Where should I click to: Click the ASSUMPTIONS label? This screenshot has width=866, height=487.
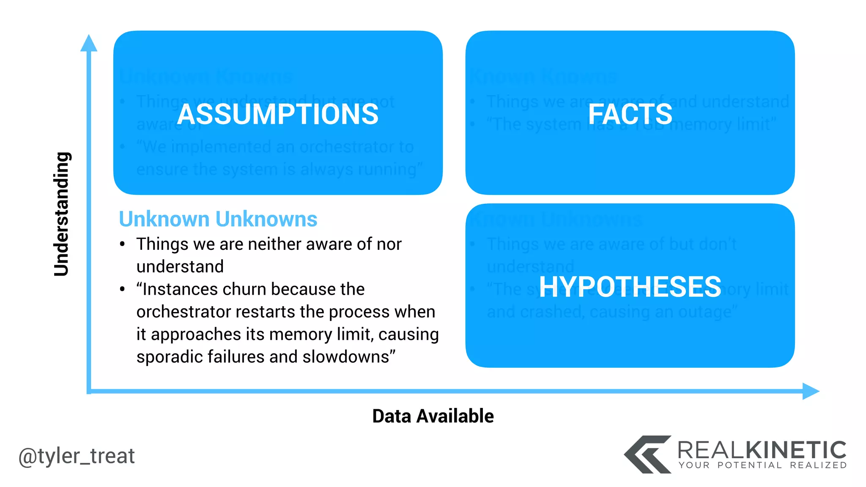coord(278,114)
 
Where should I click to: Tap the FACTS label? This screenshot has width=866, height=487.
coord(630,114)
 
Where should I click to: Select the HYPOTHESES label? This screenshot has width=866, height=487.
coord(630,287)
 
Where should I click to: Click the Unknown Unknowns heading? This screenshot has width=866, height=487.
coord(218,219)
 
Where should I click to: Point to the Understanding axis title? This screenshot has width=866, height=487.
coord(62,214)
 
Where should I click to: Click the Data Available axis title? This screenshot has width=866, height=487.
coord(433,416)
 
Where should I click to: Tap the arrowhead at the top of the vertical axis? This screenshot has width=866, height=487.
coord(89,43)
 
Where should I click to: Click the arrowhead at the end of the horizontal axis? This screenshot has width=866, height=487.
coord(811,391)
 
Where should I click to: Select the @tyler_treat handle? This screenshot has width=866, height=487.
coord(77,456)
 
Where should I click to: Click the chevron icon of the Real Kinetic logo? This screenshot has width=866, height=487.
coord(647,454)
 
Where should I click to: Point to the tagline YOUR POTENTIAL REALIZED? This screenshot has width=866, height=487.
coord(762,465)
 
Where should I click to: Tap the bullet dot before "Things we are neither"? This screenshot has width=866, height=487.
coord(122,244)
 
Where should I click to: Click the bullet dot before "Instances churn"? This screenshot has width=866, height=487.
coord(122,290)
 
